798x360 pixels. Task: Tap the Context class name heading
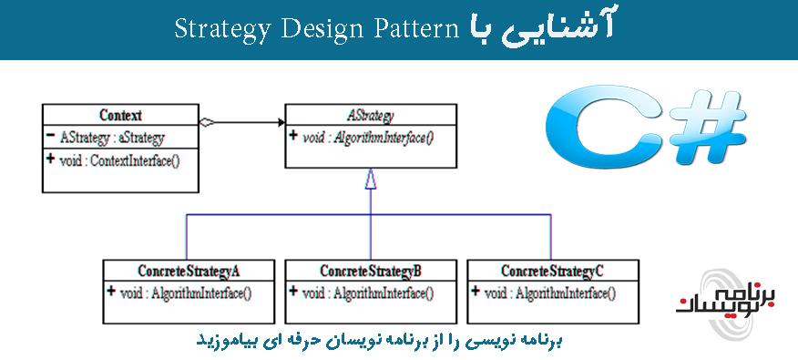click(x=120, y=116)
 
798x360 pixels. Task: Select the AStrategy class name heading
click(x=370, y=116)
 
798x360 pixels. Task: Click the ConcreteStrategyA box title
click(x=189, y=271)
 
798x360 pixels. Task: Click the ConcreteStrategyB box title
click(x=371, y=271)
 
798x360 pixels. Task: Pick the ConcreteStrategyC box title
click(x=552, y=271)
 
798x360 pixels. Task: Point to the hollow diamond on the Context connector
click(x=210, y=123)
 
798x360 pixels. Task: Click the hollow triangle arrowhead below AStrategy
click(x=370, y=180)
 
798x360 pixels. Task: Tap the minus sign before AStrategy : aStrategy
click(x=49, y=136)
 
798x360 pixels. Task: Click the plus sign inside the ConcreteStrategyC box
click(x=476, y=292)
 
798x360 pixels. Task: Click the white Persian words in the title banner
click(x=542, y=27)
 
